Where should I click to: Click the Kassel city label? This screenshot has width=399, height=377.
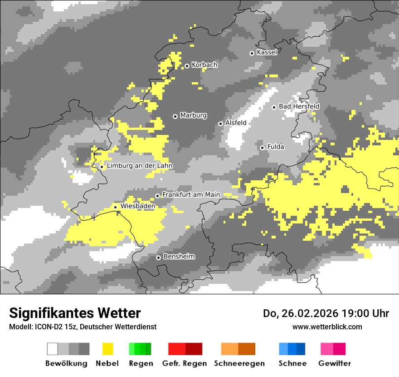pyautogui.click(x=267, y=52)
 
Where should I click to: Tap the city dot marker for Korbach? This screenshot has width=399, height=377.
pyautogui.click(x=187, y=66)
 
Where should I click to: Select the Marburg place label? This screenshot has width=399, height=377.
pyautogui.click(x=193, y=115)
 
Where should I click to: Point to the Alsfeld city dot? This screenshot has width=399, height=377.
pyautogui.click(x=220, y=124)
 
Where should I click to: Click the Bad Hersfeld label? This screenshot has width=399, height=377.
pyautogui.click(x=299, y=106)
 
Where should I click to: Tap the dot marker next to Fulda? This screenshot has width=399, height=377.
pyautogui.click(x=262, y=148)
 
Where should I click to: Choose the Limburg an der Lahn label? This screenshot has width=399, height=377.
pyautogui.click(x=139, y=166)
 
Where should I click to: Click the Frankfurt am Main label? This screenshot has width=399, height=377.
pyautogui.click(x=191, y=194)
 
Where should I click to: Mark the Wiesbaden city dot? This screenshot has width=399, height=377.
pyautogui.click(x=116, y=207)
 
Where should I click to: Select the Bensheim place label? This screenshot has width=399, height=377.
pyautogui.click(x=179, y=257)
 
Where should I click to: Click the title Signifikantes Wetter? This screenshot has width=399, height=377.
pyautogui.click(x=75, y=313)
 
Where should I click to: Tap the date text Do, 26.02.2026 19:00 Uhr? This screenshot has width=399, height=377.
pyautogui.click(x=326, y=313)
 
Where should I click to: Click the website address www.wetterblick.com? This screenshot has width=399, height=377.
pyautogui.click(x=327, y=327)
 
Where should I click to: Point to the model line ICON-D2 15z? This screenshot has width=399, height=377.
pyautogui.click(x=83, y=327)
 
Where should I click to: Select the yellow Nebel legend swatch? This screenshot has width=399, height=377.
pyautogui.click(x=107, y=349)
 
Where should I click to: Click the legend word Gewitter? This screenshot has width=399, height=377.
pyautogui.click(x=334, y=363)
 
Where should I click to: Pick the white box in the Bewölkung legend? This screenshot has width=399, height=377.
pyautogui.click(x=53, y=349)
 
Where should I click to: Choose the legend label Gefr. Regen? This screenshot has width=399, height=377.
pyautogui.click(x=185, y=363)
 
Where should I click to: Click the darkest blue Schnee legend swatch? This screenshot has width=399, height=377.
pyautogui.click(x=301, y=349)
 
